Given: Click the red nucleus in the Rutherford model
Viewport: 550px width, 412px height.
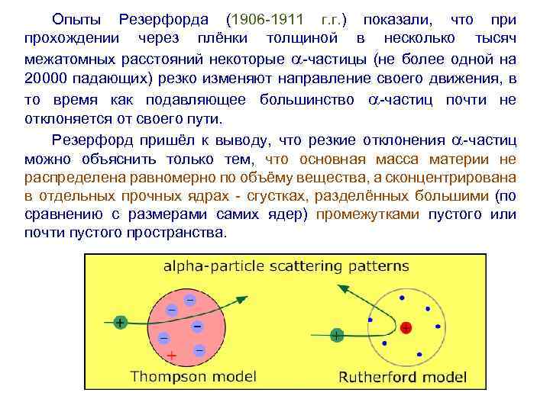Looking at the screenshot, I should tap(406, 327).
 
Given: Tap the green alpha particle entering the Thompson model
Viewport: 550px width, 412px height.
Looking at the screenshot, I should tap(120, 323).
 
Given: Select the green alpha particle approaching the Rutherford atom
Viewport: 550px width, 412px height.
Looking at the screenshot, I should tap(336, 333).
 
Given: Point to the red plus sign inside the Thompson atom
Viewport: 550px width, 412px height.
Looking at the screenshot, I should tap(172, 355).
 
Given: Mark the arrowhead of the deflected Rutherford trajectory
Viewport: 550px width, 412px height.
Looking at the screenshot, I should tap(341, 287).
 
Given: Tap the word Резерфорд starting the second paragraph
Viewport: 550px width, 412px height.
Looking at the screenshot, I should tap(93, 140).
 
